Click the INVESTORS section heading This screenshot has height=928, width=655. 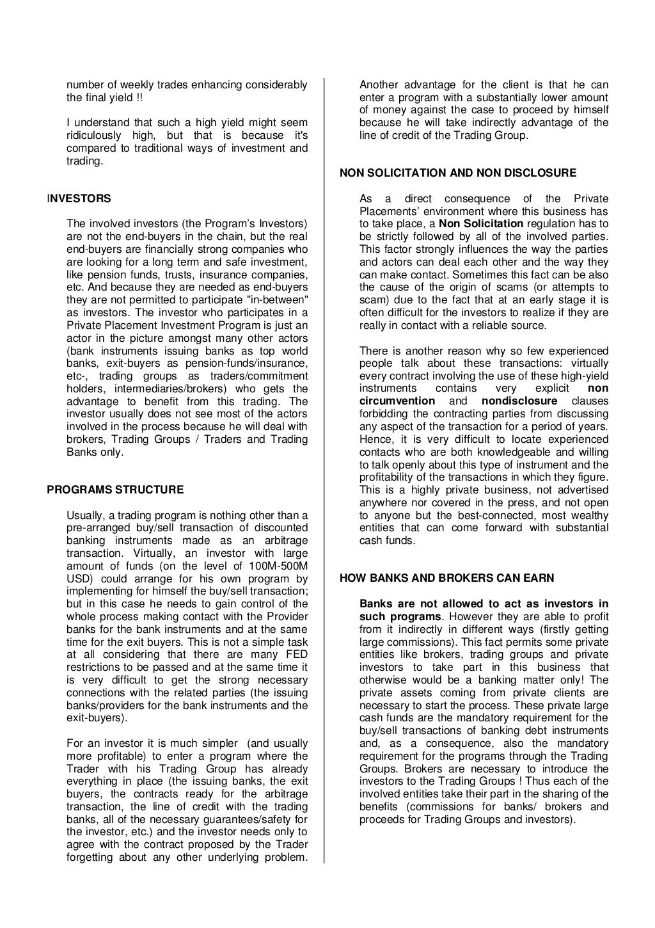coord(79,198)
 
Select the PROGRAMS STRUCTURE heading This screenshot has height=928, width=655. coord(115,490)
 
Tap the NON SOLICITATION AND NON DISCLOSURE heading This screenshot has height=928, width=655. coord(457,173)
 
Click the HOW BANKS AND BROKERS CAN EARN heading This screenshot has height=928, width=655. coord(446,578)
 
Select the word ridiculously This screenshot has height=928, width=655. coord(94,136)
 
